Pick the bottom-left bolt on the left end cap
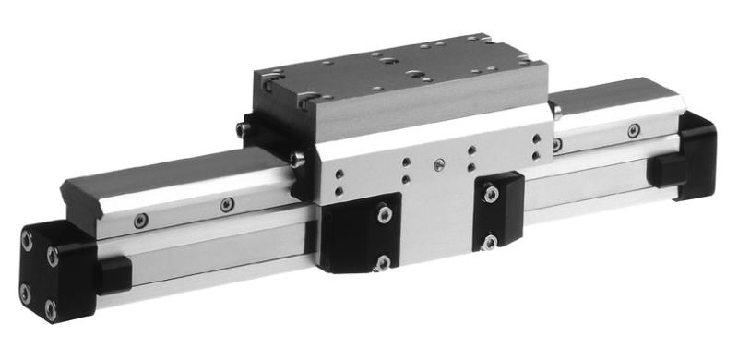(x=27, y=297)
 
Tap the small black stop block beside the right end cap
(x=666, y=172)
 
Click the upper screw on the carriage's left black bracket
(x=382, y=214)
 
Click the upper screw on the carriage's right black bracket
(x=491, y=194)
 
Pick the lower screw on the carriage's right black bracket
(x=491, y=242)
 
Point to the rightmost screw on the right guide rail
(x=633, y=130)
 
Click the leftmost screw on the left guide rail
(x=139, y=222)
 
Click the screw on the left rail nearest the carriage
(x=227, y=205)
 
